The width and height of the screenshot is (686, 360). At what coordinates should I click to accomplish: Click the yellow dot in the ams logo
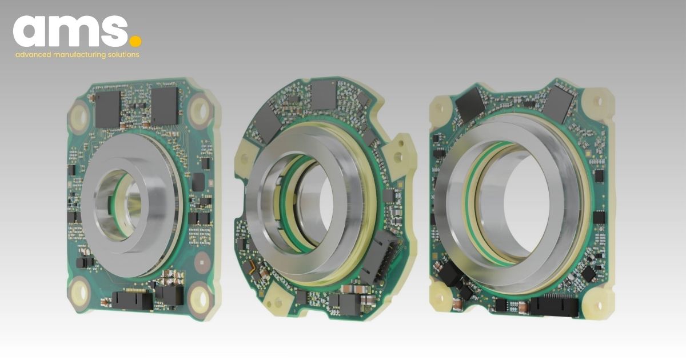point(135,41)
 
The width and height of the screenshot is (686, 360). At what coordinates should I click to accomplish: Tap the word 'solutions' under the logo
point(121,55)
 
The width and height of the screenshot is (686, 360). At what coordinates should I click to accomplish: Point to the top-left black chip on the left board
point(108,109)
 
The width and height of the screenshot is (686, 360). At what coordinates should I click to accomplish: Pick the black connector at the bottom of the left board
point(133,299)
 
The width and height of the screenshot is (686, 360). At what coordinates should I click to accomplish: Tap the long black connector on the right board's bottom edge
point(553,307)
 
